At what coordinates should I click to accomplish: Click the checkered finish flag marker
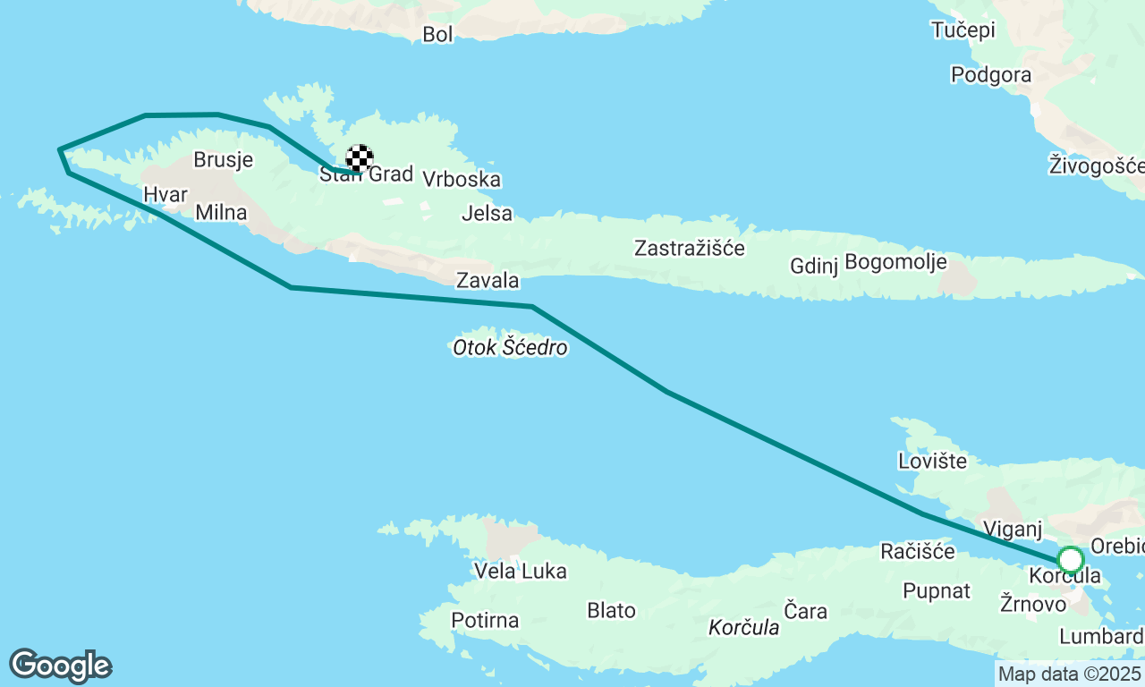tap(360, 158)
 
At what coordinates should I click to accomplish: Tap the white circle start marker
tap(1071, 560)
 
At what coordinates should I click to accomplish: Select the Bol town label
tap(438, 34)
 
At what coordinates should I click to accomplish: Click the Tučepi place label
tap(963, 30)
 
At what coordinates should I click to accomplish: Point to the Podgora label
tap(991, 74)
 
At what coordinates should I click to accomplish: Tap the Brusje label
tap(224, 160)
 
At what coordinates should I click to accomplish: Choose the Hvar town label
tap(165, 194)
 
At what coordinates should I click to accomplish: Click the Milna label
tap(220, 212)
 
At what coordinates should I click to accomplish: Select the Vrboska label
tap(461, 179)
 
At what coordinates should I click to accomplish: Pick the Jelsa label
tap(488, 213)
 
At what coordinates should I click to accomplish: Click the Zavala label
tap(488, 280)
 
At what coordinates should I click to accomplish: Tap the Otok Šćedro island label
tap(510, 347)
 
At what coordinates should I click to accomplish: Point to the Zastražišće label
tap(689, 248)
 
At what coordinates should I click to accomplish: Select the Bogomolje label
tap(895, 263)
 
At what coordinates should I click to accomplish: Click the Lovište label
tap(932, 461)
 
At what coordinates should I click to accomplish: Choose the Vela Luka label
tap(520, 571)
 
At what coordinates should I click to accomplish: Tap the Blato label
tap(611, 610)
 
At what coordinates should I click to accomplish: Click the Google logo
tap(60, 666)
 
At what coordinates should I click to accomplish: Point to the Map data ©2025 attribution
tap(1069, 674)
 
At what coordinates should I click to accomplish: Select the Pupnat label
tap(937, 590)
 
